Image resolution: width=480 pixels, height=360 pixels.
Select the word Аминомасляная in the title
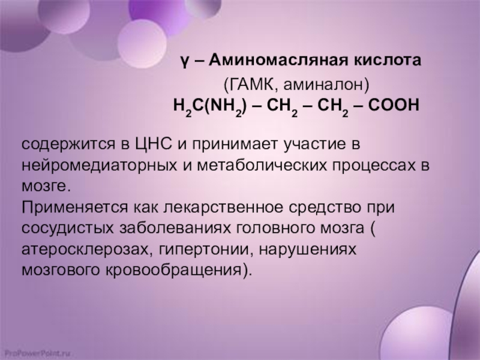point(278,60)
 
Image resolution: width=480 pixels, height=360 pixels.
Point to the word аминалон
point(322,84)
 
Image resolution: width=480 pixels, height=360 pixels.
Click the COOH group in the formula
point(394,106)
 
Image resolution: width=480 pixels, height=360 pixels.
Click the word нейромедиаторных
point(99,166)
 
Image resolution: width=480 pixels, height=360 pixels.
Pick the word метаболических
point(262,165)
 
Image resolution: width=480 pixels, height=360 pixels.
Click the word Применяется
point(74,207)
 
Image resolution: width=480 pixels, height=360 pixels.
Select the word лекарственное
point(223,207)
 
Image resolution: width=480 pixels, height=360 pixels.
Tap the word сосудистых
point(67,229)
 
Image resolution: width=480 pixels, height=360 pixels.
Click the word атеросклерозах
point(85,250)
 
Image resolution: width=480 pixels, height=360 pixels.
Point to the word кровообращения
point(175,271)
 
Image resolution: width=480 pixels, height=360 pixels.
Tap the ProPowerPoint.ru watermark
point(35,353)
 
